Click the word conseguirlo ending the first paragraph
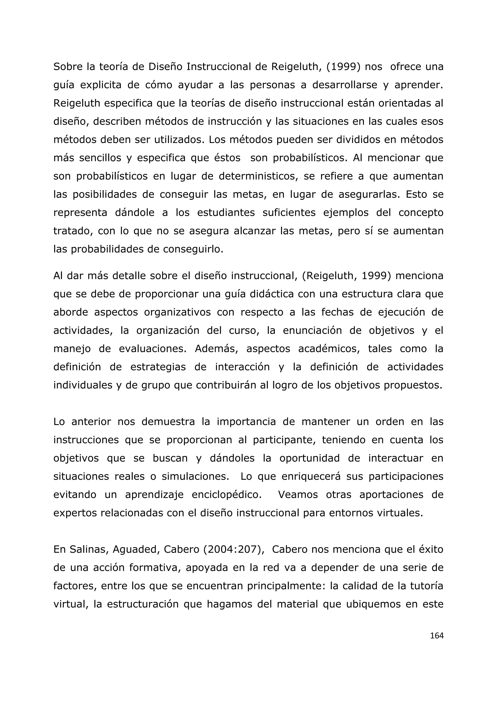point(193,249)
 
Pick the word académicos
point(329,349)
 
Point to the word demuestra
point(168,422)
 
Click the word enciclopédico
point(226,495)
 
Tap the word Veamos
point(298,495)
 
